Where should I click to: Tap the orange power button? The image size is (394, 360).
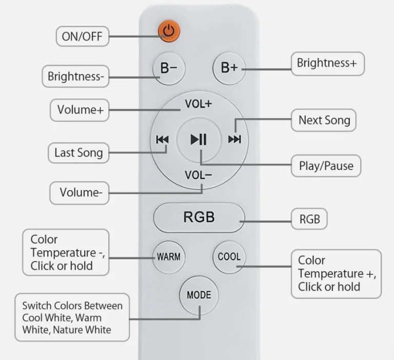(169, 31)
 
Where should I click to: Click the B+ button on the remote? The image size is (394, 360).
(229, 68)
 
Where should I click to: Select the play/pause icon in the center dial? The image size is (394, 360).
(199, 139)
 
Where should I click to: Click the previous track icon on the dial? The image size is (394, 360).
(162, 139)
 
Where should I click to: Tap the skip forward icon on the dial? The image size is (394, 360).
(234, 139)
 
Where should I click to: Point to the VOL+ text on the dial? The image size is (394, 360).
(198, 104)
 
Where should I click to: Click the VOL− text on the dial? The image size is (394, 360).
(198, 175)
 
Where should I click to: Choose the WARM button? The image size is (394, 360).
(169, 257)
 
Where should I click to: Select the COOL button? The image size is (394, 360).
(229, 257)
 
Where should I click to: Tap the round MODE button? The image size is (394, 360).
(199, 295)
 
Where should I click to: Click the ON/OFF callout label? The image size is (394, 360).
(83, 36)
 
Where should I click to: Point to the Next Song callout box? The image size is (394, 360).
(324, 120)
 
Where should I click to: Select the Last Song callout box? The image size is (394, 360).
(78, 153)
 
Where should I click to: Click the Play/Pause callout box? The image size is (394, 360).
(326, 166)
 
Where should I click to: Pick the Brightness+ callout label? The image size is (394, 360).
(328, 64)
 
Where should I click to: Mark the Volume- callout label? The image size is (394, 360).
(80, 193)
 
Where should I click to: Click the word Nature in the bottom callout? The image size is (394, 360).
(69, 330)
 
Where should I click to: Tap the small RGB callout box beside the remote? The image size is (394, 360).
(309, 219)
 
